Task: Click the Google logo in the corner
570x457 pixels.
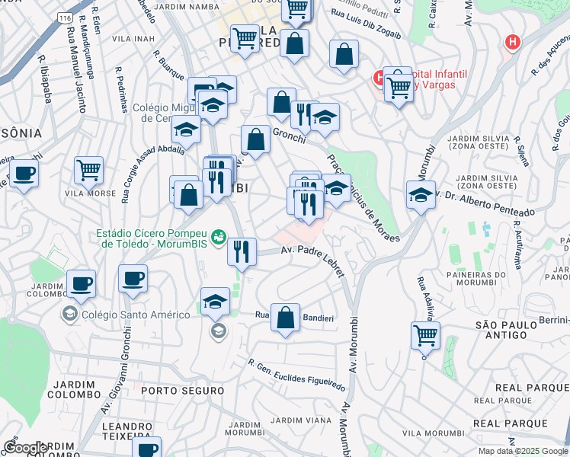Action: point(25,448)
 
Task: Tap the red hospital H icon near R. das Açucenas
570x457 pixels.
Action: point(513,42)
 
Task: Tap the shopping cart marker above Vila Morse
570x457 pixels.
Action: point(89,170)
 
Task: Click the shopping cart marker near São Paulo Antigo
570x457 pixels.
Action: point(425,334)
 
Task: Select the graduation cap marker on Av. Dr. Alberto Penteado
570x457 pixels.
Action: point(421,195)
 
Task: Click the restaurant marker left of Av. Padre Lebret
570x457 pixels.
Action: point(242,251)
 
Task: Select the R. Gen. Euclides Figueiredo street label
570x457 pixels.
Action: point(296,374)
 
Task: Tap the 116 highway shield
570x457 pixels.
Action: point(64,17)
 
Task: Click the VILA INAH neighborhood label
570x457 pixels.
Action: point(133,38)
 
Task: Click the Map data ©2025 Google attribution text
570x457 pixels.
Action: point(522,451)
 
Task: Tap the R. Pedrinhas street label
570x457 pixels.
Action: point(122,89)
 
